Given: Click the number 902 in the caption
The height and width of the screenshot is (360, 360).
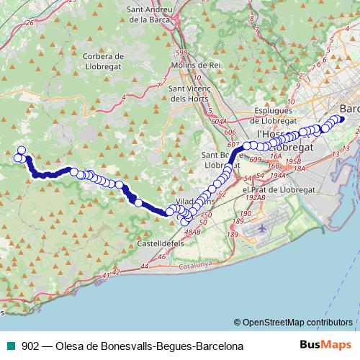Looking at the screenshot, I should (30, 346).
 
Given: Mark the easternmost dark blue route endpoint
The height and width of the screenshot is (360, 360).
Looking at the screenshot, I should (341, 120).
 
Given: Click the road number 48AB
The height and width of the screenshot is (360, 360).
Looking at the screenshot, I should (192, 232).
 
